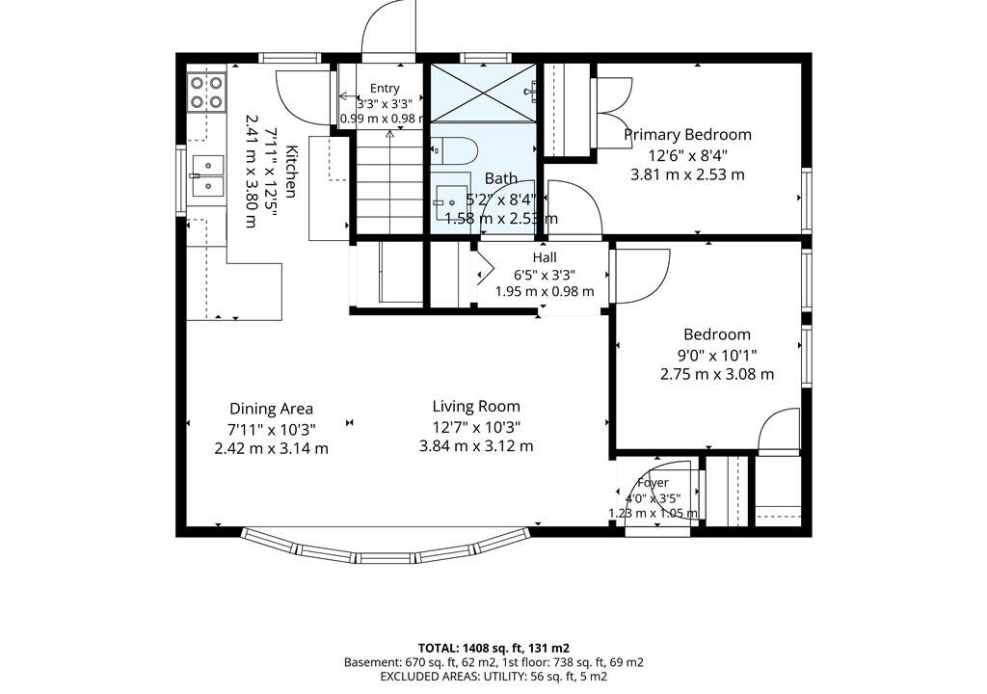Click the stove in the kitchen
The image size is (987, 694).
pyautogui.click(x=206, y=92)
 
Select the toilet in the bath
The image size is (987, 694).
pyautogui.click(x=455, y=150)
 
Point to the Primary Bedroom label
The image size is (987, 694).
pyautogui.click(x=687, y=135)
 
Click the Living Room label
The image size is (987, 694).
pyautogui.click(x=476, y=406)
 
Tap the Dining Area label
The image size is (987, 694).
pyautogui.click(x=271, y=409)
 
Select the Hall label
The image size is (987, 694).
pyautogui.click(x=545, y=257)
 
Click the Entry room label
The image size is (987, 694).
pyautogui.click(x=384, y=89)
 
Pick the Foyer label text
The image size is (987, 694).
pyautogui.click(x=653, y=483)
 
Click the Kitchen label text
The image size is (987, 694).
pyautogui.click(x=291, y=172)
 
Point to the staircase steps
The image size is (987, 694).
pyautogui.click(x=389, y=185)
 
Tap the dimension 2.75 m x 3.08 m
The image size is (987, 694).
pyautogui.click(x=717, y=374)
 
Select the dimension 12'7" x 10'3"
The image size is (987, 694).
pyautogui.click(x=476, y=428)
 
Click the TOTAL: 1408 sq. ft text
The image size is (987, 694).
pyautogui.click(x=494, y=648)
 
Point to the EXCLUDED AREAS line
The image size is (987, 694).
pyautogui.click(x=493, y=677)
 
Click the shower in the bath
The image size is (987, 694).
pyautogui.click(x=484, y=93)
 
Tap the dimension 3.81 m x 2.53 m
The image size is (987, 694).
pyautogui.click(x=687, y=174)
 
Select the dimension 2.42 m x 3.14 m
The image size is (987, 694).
pyautogui.click(x=271, y=449)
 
